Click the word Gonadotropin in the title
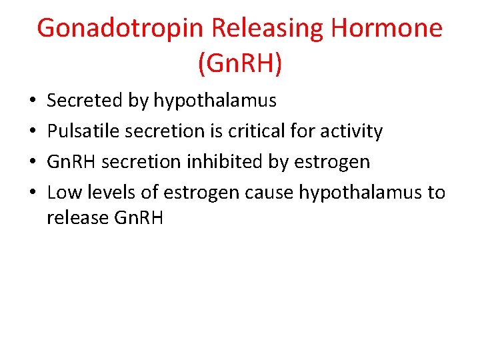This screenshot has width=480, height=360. [x=120, y=29]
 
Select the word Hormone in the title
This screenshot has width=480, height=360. [x=387, y=29]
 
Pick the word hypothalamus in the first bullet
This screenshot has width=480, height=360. [x=215, y=101]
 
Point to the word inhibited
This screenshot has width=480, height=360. [x=214, y=162]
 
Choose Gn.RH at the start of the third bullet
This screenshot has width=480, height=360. [x=72, y=162]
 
